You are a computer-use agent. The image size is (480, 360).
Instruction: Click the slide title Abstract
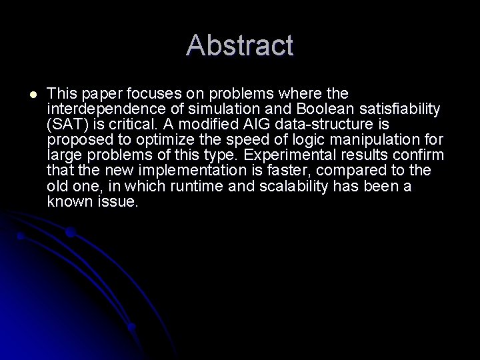pyautogui.click(x=240, y=45)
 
